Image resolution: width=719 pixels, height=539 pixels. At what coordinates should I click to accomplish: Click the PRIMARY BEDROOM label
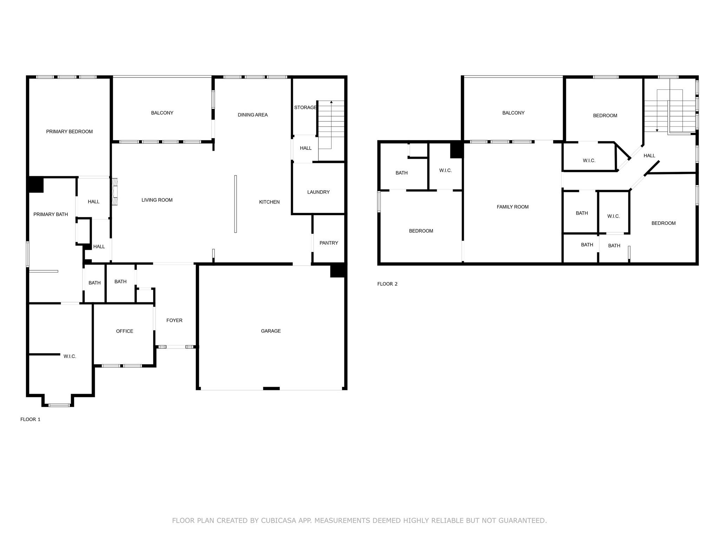(x=69, y=132)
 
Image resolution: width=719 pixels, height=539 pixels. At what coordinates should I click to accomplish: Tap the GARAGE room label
(x=271, y=331)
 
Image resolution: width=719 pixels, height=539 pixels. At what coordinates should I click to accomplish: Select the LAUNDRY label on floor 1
(x=318, y=192)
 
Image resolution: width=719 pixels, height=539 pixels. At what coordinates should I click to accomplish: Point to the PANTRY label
(x=329, y=243)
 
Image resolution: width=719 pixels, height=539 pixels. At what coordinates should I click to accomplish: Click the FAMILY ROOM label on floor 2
(x=512, y=207)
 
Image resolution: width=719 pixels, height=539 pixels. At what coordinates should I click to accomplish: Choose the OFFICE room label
(x=124, y=331)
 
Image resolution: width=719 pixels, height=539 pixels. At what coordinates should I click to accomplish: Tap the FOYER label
(x=174, y=320)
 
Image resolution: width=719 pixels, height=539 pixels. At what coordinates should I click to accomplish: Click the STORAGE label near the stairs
(x=305, y=107)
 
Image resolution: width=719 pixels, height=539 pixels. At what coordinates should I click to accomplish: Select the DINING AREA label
(x=252, y=115)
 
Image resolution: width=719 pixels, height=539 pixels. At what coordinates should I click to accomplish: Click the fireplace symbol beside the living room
(x=114, y=192)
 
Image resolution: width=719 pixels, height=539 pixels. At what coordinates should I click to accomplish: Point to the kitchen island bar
(x=235, y=204)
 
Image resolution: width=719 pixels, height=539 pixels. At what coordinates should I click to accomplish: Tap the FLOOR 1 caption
(x=30, y=419)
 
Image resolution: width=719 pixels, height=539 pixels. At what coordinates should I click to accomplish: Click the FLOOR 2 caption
(x=387, y=284)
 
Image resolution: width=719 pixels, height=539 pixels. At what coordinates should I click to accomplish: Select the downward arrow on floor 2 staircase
(x=657, y=130)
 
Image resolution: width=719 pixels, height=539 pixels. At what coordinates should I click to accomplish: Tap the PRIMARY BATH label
(x=51, y=214)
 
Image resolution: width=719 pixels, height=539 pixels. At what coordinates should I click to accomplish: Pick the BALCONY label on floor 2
(x=513, y=113)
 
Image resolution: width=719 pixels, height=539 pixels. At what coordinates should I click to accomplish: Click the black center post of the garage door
(x=271, y=388)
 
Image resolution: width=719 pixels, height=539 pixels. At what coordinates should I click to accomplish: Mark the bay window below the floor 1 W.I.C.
(x=59, y=405)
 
